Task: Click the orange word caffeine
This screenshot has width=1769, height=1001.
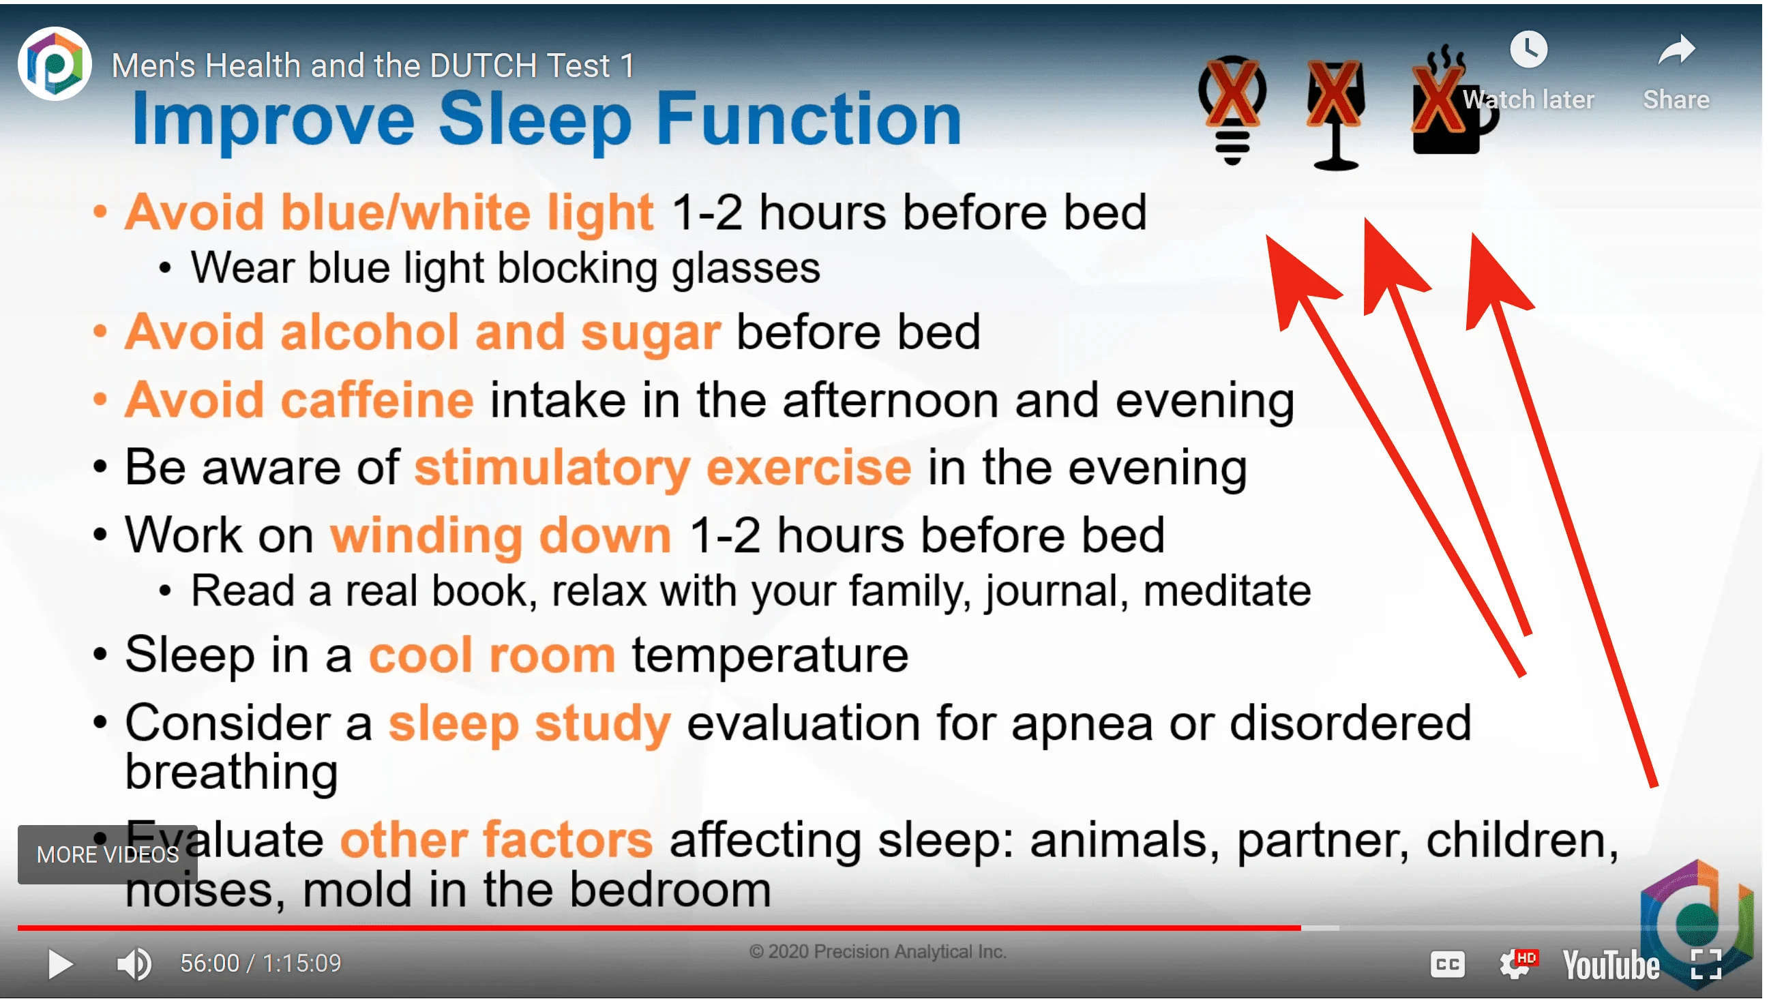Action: point(378,401)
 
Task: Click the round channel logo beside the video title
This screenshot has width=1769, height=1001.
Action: point(55,64)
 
